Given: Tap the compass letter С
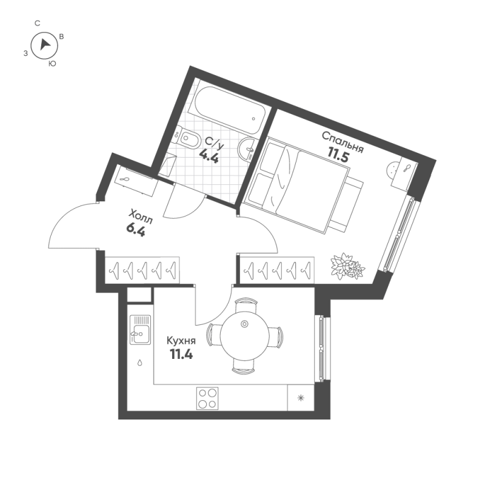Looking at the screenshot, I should click(x=38, y=23).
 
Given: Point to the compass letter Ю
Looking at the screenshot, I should click(x=52, y=63).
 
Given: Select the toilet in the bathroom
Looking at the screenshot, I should click(x=189, y=139).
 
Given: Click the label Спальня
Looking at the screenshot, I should click(x=342, y=142).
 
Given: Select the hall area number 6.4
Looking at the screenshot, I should click(x=135, y=230).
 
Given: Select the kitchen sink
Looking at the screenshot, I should click(x=140, y=330).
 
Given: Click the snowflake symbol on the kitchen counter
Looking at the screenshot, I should click(x=300, y=399).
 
